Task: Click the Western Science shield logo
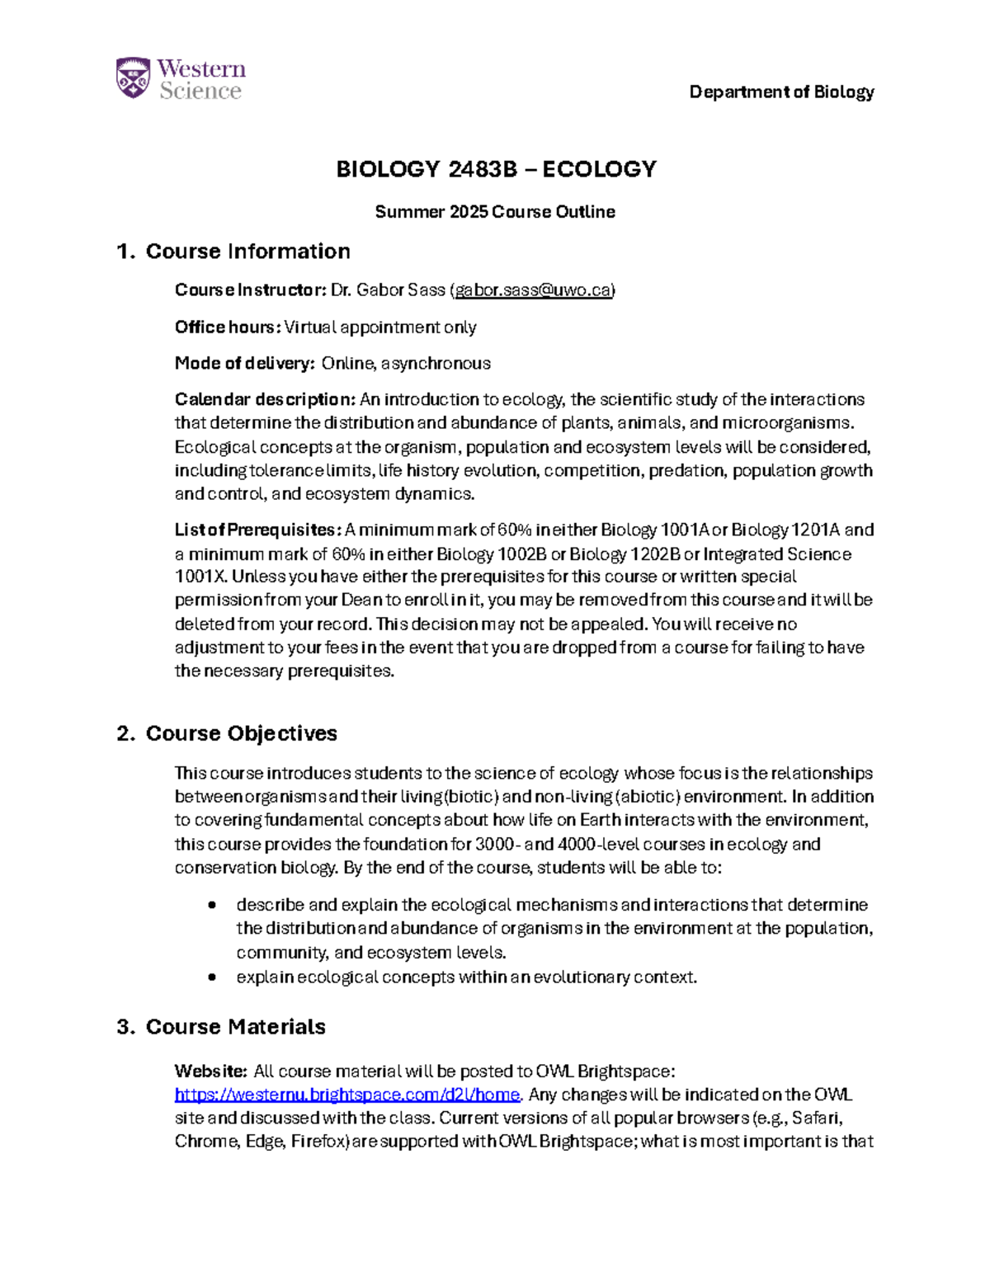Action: click(133, 78)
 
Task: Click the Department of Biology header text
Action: click(781, 92)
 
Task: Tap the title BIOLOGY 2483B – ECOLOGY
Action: click(496, 169)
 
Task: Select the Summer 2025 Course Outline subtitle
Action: click(495, 212)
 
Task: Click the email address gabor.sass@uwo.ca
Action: click(533, 290)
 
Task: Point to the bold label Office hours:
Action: click(228, 327)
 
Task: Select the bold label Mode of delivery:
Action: click(244, 364)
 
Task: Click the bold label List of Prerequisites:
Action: click(257, 530)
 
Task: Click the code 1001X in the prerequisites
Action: click(196, 577)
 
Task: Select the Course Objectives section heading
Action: click(241, 733)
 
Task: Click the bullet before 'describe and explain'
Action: click(213, 905)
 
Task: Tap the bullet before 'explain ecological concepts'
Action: click(213, 977)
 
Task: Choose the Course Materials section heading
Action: click(235, 1027)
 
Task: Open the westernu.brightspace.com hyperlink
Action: click(347, 1095)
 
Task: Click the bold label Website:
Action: click(210, 1071)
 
